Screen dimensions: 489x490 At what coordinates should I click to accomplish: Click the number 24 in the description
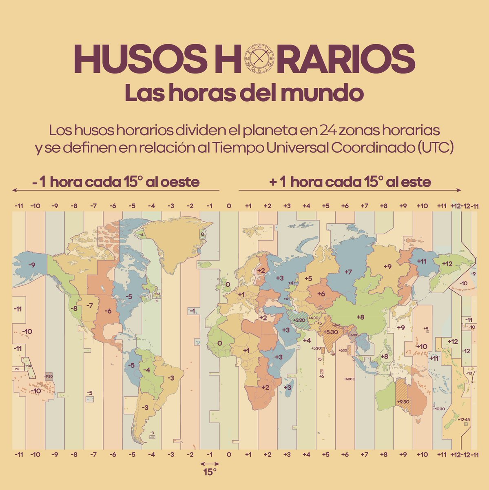coord(328,131)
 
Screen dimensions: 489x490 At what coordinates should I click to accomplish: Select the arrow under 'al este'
coord(350,190)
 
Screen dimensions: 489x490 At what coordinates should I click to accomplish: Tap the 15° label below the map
coord(210,472)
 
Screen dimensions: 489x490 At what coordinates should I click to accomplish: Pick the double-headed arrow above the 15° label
coord(210,464)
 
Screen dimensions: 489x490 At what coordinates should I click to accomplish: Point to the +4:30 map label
coord(313,318)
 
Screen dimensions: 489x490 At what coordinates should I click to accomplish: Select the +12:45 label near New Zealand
coord(464,419)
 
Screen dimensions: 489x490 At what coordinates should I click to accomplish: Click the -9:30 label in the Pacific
coord(48,376)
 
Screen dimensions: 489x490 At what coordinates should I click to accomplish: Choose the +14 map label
coord(28,366)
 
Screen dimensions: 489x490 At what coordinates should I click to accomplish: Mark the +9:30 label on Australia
coord(403,401)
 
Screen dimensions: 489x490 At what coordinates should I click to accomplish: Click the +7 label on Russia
coord(347,272)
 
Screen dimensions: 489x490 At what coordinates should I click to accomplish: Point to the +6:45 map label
coord(337,325)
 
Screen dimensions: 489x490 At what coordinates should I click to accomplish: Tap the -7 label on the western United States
coord(90,305)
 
